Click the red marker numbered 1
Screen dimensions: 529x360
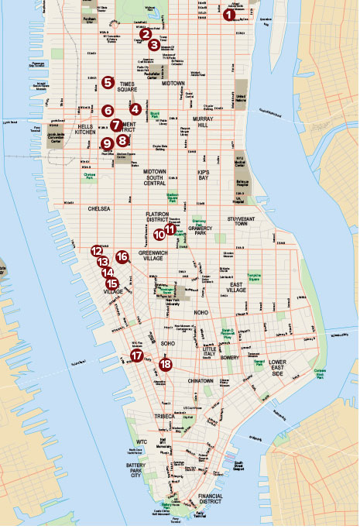228,14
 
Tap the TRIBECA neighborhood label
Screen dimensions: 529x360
164,417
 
